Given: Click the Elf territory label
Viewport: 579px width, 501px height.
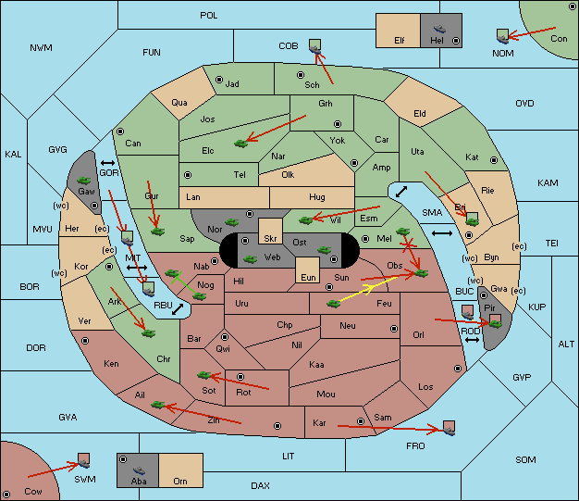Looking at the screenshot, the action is click(x=400, y=41).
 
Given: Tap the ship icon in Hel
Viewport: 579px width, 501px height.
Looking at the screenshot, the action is click(x=439, y=29).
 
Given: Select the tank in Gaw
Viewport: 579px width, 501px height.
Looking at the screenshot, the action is click(x=84, y=181).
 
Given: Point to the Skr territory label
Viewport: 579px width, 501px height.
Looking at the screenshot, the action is click(x=270, y=238).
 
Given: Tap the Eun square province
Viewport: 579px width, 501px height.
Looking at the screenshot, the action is click(x=308, y=270).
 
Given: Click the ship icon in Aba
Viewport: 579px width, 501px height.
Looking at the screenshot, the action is click(x=140, y=470).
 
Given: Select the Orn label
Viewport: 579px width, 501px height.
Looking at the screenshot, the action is click(x=180, y=481).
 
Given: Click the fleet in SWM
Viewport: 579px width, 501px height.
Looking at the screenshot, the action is click(x=84, y=460).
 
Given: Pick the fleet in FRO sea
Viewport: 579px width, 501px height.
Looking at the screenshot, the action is click(x=449, y=428).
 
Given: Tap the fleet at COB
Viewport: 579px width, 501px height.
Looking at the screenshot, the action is click(x=315, y=46).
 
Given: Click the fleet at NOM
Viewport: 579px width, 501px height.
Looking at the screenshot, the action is click(x=502, y=36).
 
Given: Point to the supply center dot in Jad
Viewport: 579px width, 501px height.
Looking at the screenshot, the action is click(x=219, y=80).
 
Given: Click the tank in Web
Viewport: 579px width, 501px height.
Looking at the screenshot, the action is click(x=251, y=259).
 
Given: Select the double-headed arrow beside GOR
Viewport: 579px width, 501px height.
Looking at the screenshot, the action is click(x=108, y=163).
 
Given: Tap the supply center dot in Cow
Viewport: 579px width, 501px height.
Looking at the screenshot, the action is click(x=6, y=495).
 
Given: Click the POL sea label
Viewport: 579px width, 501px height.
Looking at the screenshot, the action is click(x=209, y=16).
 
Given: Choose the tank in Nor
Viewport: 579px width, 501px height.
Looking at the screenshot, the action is click(x=232, y=222).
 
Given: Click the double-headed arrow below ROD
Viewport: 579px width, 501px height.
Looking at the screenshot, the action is click(x=472, y=340).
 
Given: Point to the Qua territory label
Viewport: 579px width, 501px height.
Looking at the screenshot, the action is click(x=179, y=103).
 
